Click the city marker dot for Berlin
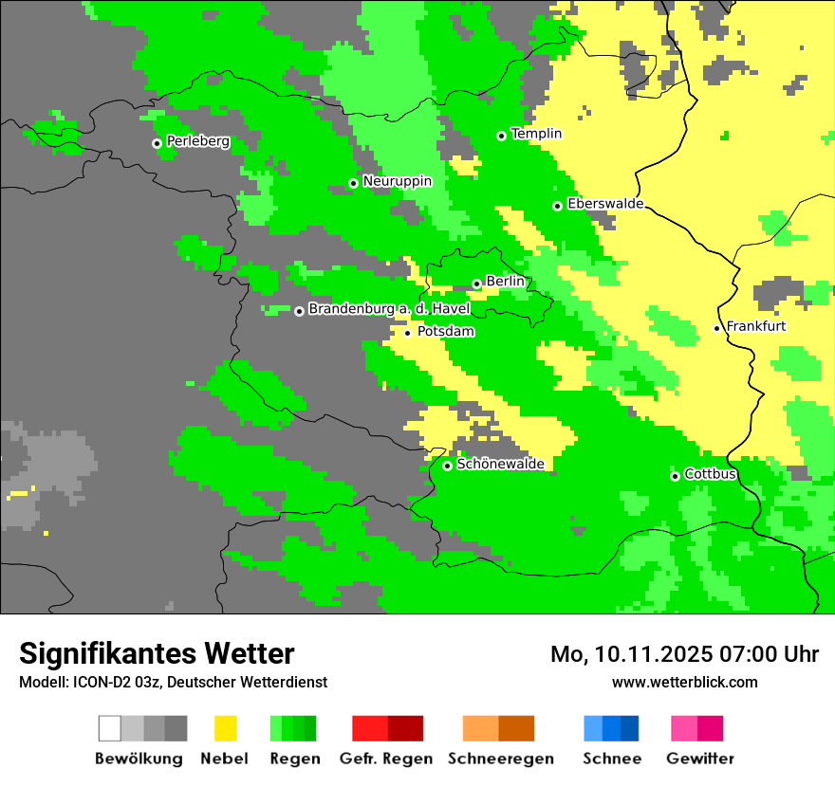(x=476, y=284)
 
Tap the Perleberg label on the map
(x=197, y=141)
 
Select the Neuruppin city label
(x=397, y=181)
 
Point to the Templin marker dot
(x=501, y=136)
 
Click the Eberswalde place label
(x=605, y=204)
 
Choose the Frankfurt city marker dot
(x=716, y=328)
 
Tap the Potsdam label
(x=445, y=331)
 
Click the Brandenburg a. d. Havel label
(x=389, y=309)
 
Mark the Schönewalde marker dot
(x=447, y=465)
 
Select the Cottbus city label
(x=710, y=474)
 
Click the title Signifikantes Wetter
(x=157, y=653)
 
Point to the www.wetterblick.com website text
(x=684, y=682)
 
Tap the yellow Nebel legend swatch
(x=225, y=728)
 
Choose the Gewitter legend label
(x=699, y=759)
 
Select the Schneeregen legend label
(x=500, y=759)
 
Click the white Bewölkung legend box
(x=110, y=728)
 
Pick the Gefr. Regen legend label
(x=385, y=759)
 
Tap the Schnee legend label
(x=611, y=759)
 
